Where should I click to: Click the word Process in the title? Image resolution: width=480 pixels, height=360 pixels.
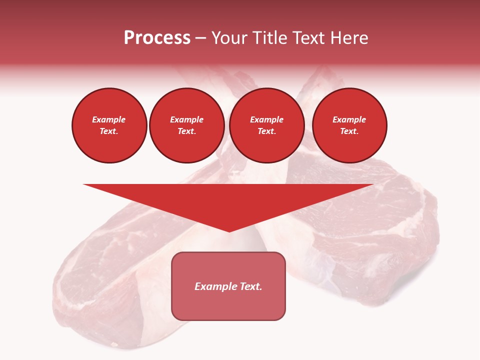click(x=157, y=38)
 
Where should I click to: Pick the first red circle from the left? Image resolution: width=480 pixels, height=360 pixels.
click(x=109, y=125)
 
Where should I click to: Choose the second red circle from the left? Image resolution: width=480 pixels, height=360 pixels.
click(x=187, y=125)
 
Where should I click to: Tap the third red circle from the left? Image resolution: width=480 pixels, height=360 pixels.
click(x=267, y=125)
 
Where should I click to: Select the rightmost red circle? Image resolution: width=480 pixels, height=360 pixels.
click(x=349, y=125)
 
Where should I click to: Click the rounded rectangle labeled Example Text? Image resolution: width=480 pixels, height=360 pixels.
click(x=228, y=286)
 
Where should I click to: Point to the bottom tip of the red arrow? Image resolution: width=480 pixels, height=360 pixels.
click(x=229, y=231)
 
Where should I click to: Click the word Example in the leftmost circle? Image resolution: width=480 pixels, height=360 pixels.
click(x=109, y=119)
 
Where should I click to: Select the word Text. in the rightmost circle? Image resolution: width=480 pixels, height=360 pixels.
click(x=349, y=131)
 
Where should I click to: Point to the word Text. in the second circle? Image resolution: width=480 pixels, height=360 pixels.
click(x=187, y=131)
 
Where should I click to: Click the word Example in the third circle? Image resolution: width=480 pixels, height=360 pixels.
click(x=267, y=119)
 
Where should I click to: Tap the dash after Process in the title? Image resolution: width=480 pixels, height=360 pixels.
click(x=201, y=38)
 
